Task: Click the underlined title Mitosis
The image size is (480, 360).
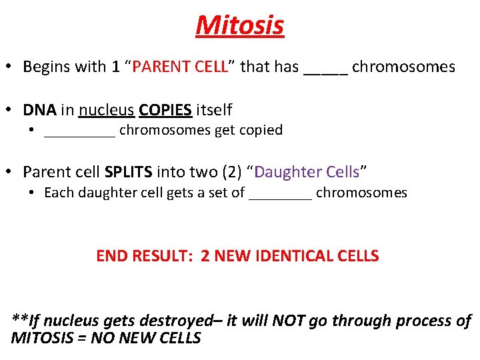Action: pyautogui.click(x=240, y=25)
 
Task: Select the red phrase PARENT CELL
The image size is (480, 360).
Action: pyautogui.click(x=180, y=67)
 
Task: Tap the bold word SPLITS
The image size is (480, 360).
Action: pyautogui.click(x=129, y=172)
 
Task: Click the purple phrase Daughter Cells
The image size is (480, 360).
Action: pyautogui.click(x=307, y=172)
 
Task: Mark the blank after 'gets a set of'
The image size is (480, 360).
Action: pyautogui.click(x=280, y=197)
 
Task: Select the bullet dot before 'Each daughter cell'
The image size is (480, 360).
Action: pyautogui.click(x=32, y=193)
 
